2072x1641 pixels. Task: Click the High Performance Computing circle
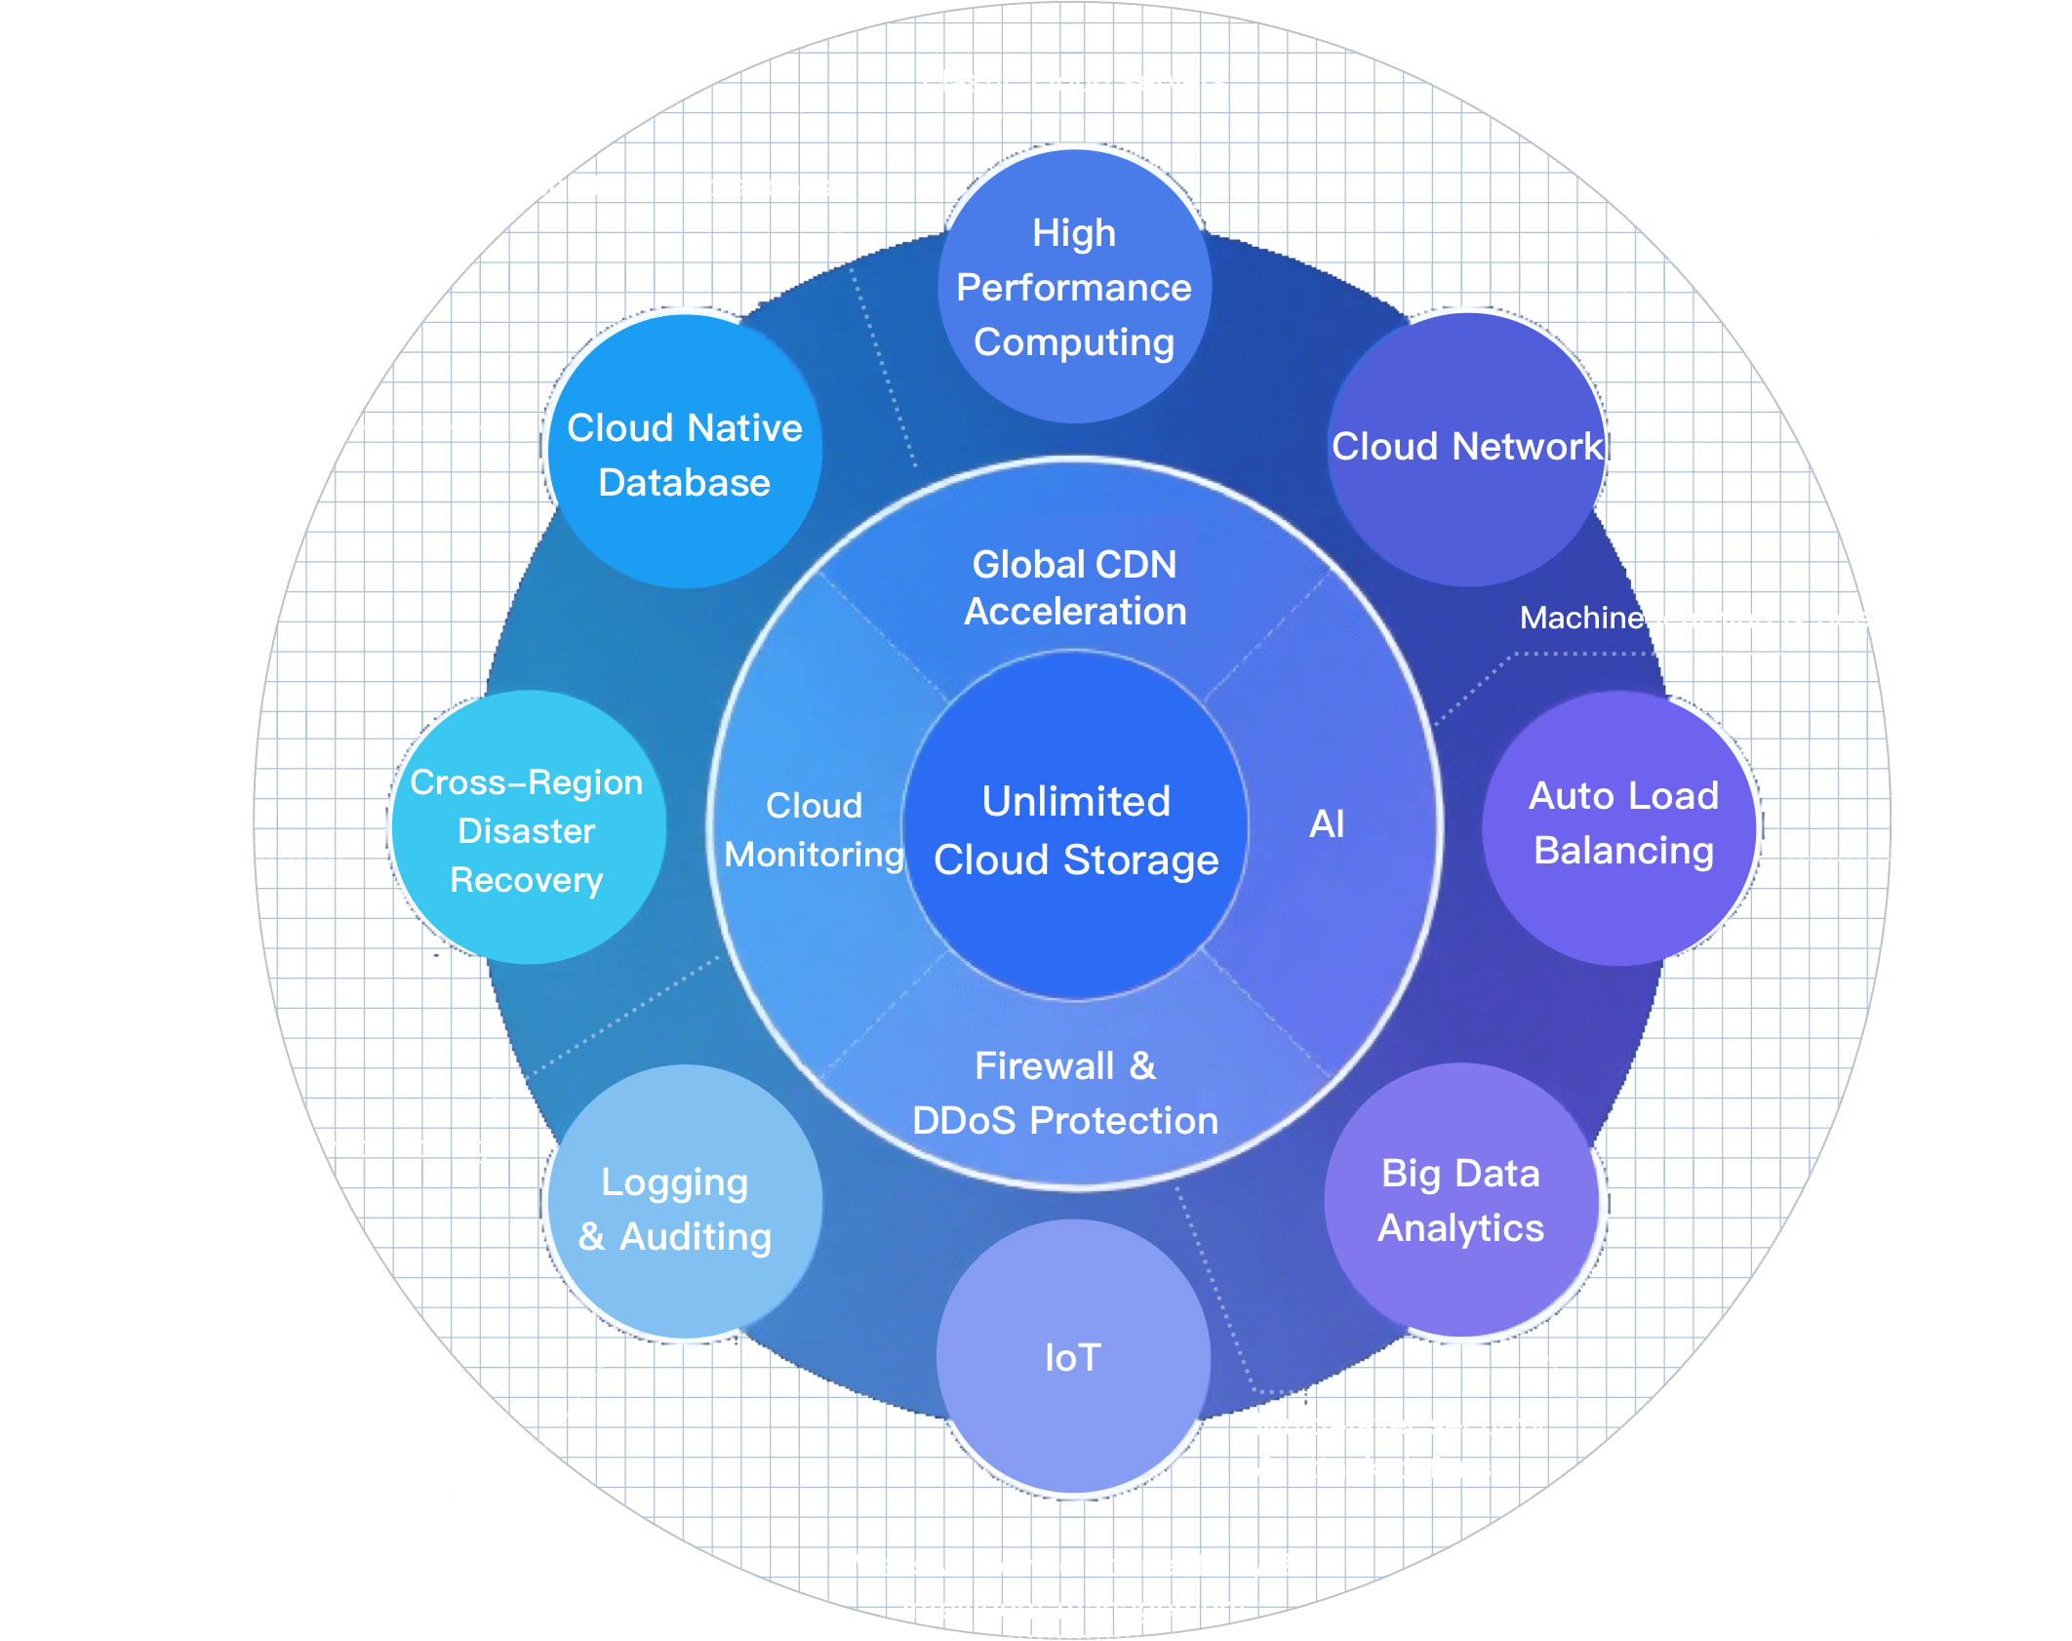1074,286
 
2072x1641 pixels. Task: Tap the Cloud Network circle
1466,448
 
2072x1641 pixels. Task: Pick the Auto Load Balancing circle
1622,825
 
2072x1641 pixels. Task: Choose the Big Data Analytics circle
1461,1201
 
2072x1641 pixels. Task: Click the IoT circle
1073,1357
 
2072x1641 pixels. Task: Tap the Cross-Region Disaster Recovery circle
528,829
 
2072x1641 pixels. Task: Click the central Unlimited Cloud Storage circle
1076,829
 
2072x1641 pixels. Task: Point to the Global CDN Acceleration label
1075,587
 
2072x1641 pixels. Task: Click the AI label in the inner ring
1327,824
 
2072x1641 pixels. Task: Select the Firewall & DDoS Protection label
1065,1094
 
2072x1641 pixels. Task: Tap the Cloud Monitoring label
815,829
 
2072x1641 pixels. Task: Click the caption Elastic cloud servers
1074,81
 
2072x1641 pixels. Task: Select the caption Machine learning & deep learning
1768,618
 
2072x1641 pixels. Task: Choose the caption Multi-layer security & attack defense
1399,1446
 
